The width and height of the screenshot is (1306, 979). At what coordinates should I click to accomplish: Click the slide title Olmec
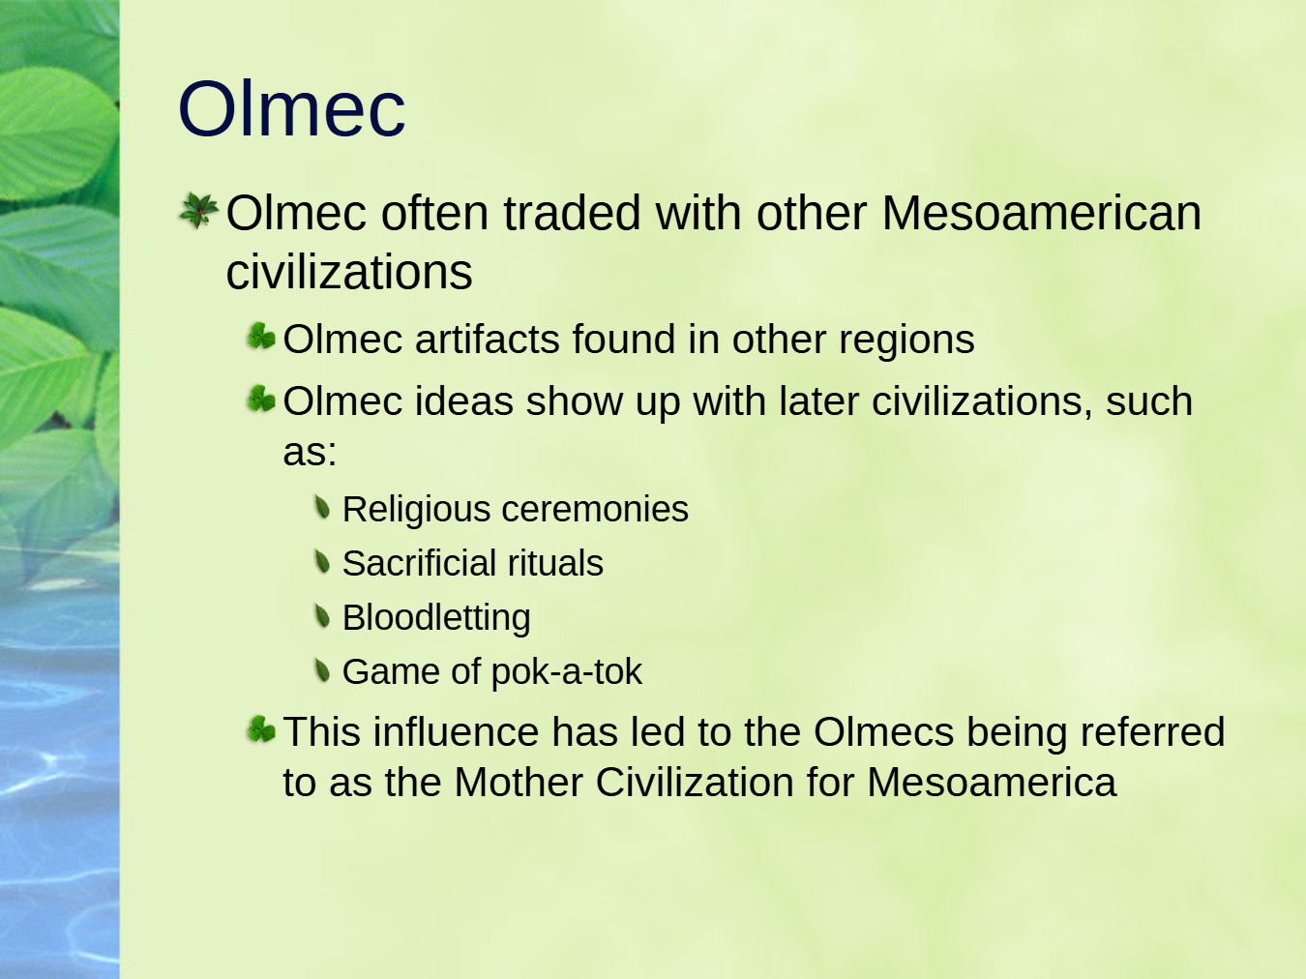[291, 109]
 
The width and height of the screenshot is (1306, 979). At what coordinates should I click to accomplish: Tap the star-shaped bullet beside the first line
[199, 210]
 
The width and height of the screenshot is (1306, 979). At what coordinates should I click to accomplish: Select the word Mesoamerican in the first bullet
[1041, 213]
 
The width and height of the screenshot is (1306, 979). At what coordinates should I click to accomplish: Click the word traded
[573, 213]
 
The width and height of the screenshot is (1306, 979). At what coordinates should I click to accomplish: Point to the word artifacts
[488, 340]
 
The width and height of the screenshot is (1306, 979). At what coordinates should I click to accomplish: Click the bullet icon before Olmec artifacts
[262, 337]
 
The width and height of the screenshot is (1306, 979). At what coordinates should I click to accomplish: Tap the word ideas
[464, 400]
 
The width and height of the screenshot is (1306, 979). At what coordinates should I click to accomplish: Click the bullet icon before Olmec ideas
[262, 400]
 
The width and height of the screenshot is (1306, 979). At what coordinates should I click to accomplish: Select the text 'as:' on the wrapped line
[310, 452]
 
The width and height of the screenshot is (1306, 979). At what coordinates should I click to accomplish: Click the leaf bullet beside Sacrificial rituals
[322, 561]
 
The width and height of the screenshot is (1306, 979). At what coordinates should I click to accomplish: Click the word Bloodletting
[436, 618]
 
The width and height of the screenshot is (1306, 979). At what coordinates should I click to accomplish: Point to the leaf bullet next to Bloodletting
[322, 616]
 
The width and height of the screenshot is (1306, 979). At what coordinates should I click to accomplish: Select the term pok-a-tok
[567, 672]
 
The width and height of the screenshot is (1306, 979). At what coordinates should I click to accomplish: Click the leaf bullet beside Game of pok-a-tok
[322, 671]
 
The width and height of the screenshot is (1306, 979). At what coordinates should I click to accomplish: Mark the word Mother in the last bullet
[519, 782]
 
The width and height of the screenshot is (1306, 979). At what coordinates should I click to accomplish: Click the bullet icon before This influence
[262, 729]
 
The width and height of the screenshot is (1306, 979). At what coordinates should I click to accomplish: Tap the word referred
[1152, 731]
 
